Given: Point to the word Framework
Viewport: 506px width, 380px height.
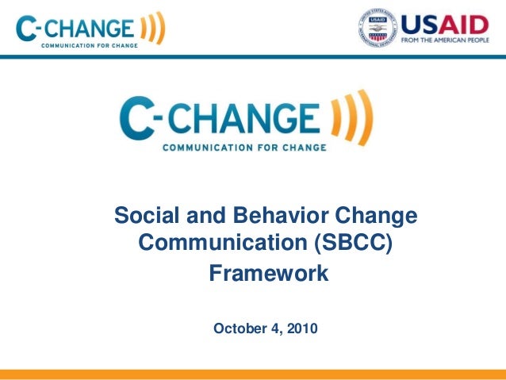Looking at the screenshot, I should click(x=267, y=274).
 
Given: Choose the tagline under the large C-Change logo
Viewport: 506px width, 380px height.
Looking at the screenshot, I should click(x=239, y=147).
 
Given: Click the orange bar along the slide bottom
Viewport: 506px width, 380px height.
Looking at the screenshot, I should click(x=253, y=374).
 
